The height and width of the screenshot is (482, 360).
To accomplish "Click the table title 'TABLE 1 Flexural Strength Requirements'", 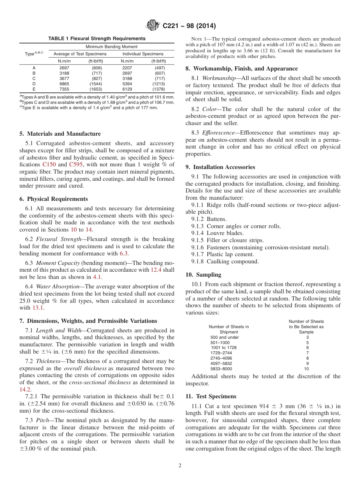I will pyautogui.click(x=97, y=39).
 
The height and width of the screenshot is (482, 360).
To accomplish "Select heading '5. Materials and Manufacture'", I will pyautogui.click(x=60, y=134).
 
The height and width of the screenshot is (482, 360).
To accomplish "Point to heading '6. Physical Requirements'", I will pyautogui.click(x=53, y=199).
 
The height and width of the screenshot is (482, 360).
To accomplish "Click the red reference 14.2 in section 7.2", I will pyautogui.click(x=25, y=389).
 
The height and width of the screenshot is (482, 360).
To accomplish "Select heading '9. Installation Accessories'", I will pyautogui.click(x=220, y=167).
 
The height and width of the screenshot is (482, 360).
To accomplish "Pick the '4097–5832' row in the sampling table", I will pyautogui.click(x=221, y=363).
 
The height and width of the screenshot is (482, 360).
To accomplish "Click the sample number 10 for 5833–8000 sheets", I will pyautogui.click(x=306, y=368).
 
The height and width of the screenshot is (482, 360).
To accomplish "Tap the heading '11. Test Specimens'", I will pyautogui.click(x=211, y=396).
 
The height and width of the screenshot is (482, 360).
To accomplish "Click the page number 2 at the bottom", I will pyautogui.click(x=180, y=466).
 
